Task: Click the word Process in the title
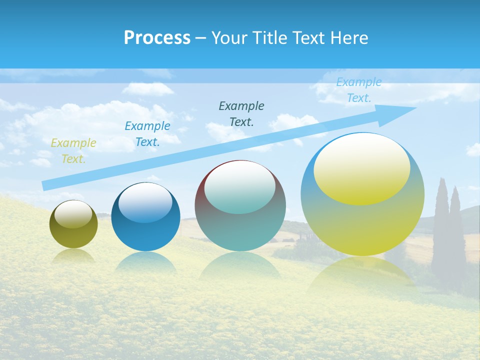click(157, 38)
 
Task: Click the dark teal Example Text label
click(241, 113)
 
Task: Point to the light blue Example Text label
click(358, 90)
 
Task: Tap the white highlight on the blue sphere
click(145, 201)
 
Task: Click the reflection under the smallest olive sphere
click(73, 256)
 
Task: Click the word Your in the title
click(229, 38)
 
